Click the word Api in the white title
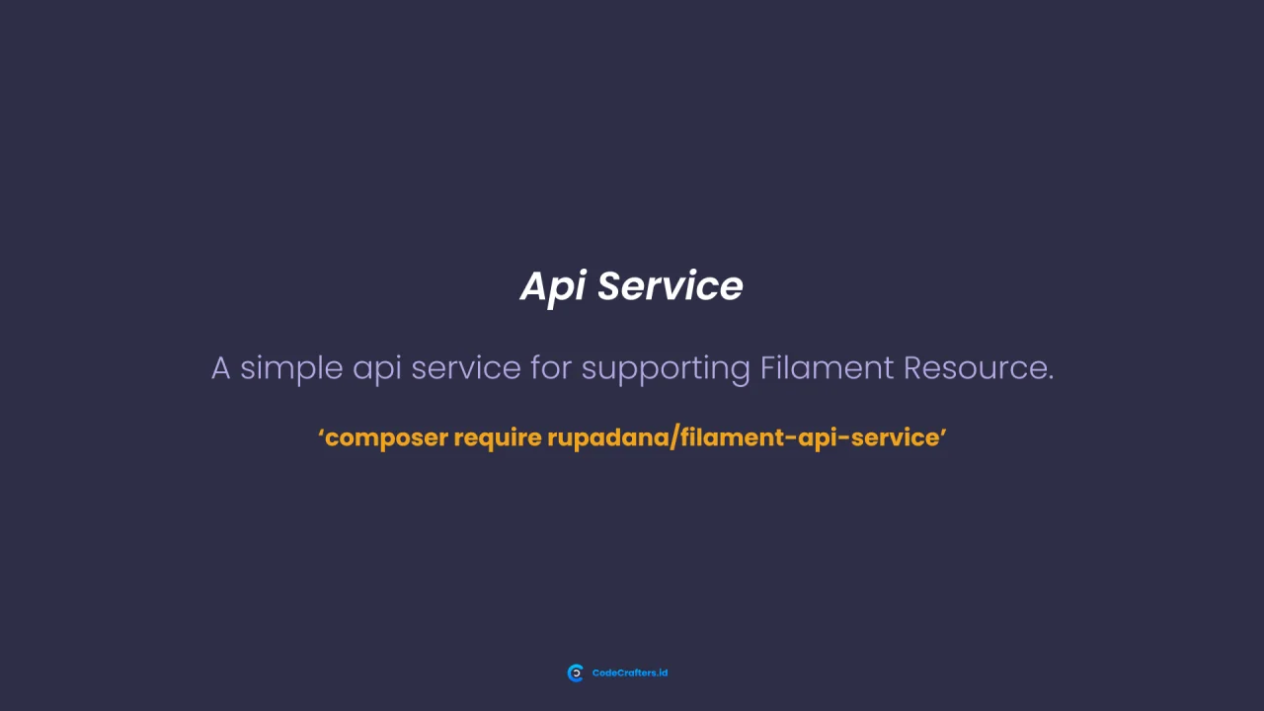point(553,287)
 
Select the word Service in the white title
point(670,286)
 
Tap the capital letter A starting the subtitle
point(220,368)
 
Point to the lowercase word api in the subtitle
point(376,369)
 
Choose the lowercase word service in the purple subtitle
point(465,368)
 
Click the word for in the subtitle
point(551,368)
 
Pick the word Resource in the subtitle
point(974,368)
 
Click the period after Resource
point(1051,379)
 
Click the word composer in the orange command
point(386,438)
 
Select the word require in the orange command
point(498,438)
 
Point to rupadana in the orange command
point(607,438)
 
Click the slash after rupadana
point(674,437)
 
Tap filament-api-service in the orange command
point(809,437)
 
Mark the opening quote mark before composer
point(322,432)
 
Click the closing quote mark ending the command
point(944,432)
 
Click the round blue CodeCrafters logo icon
point(576,673)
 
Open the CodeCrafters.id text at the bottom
point(630,673)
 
